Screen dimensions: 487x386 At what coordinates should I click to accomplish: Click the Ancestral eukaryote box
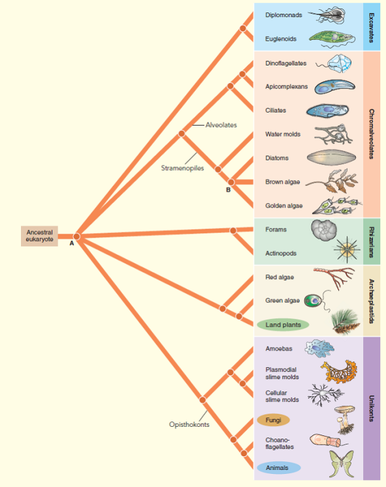pos(39,236)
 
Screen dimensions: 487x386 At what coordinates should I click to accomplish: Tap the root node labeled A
pos(77,236)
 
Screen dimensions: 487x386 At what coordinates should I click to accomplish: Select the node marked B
pos(230,181)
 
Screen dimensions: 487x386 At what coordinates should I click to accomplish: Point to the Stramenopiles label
pos(183,168)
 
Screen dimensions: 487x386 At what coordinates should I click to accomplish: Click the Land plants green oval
pos(283,325)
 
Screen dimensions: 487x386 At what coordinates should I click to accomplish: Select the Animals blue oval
pos(278,467)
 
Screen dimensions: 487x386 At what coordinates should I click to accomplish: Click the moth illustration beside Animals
pos(341,464)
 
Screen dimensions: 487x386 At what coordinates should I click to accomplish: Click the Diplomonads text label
pos(283,14)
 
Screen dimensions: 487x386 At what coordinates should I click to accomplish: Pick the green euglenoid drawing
pos(331,38)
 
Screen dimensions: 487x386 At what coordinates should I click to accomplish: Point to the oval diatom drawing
pos(331,157)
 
